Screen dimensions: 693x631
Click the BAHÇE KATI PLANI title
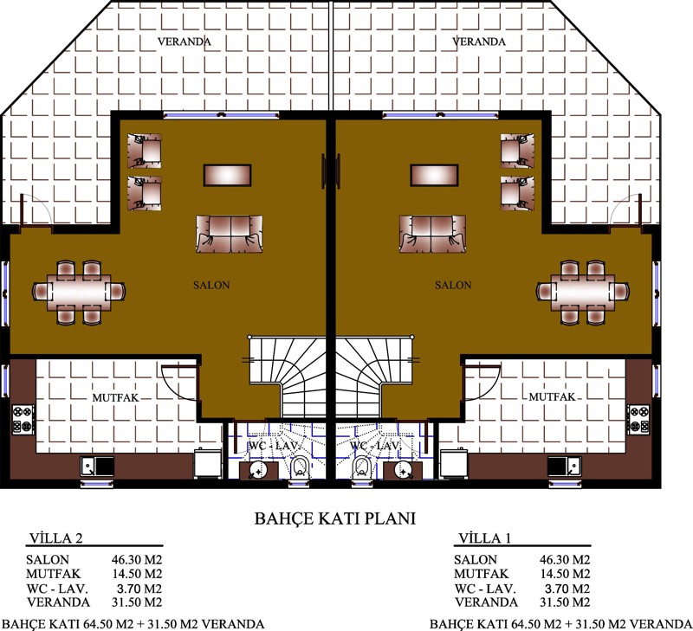tap(335, 518)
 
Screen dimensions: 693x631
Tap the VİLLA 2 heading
tap(55, 538)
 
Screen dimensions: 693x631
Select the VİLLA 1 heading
tap(484, 538)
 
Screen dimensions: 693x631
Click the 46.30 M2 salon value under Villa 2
tap(137, 560)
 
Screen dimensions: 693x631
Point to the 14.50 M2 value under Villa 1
tap(565, 574)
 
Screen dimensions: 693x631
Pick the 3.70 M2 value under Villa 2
tap(139, 589)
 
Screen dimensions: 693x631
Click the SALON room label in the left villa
tap(211, 286)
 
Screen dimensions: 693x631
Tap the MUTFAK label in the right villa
tap(552, 397)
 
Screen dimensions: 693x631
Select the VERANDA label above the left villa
tap(185, 42)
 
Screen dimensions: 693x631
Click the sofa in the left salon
tap(230, 234)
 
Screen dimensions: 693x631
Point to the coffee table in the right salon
tap(435, 176)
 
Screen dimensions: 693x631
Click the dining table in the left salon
tap(79, 292)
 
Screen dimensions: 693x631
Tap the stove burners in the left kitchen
tap(23, 418)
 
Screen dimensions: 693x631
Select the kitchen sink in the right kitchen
tap(565, 466)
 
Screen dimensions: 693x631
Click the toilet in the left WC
tap(300, 467)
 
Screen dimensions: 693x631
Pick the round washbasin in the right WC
tap(403, 471)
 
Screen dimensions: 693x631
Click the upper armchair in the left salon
tap(145, 151)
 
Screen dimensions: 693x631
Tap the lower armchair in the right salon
tap(517, 193)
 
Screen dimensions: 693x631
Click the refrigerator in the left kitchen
tap(208, 463)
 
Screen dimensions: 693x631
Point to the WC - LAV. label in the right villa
tap(375, 446)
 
